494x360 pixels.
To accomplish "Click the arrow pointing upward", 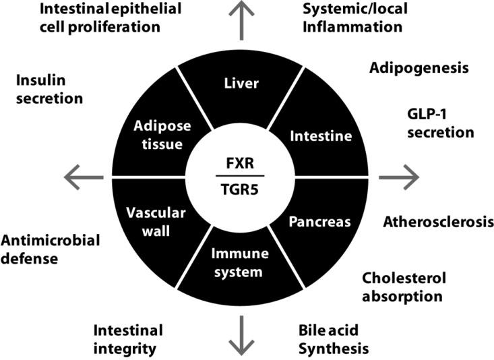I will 241,15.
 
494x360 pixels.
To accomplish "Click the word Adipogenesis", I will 419,69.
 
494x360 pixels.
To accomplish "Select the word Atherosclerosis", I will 438,222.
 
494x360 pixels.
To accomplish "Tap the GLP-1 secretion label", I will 440,123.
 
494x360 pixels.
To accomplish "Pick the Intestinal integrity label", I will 128,340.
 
